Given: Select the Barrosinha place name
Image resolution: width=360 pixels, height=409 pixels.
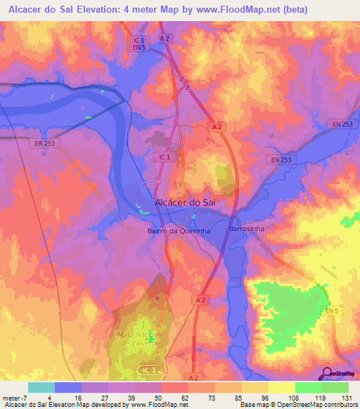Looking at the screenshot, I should pyautogui.click(x=245, y=229).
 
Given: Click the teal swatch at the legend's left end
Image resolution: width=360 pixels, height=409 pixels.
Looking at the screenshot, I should pyautogui.click(x=41, y=387).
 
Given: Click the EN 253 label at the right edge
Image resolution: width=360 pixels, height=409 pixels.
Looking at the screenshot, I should pyautogui.click(x=342, y=124).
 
